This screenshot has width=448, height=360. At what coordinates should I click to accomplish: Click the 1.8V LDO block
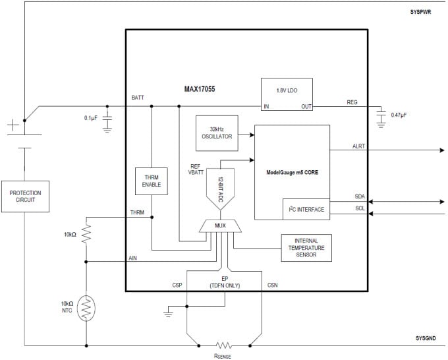coord(286,94)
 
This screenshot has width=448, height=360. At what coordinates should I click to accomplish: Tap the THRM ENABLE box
coord(152,181)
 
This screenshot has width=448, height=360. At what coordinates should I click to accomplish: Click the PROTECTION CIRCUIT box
coord(24,196)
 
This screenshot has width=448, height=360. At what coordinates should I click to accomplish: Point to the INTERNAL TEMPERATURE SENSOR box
coord(306,247)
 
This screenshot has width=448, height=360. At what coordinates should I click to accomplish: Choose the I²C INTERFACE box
coord(306,209)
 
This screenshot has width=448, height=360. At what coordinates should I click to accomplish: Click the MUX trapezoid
coord(220,226)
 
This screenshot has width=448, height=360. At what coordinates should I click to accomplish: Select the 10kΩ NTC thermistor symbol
coord(86,308)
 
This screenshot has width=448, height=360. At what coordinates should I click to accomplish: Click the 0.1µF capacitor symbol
coord(108,119)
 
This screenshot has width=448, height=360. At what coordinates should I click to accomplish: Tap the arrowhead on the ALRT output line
coord(441,150)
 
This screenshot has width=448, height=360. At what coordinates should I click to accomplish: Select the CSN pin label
coord(273,285)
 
